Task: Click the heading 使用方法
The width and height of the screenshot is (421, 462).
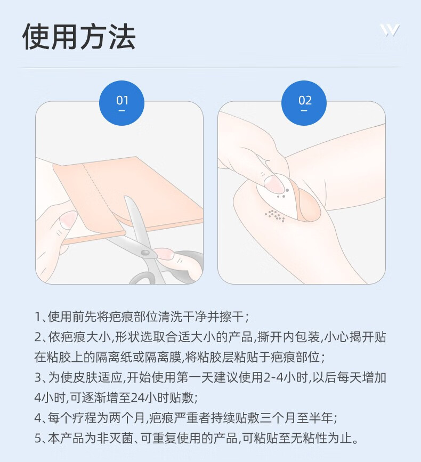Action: pos(79,37)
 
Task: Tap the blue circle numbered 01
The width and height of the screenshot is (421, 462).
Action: pos(122,103)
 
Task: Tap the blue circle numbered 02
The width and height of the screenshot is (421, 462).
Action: pos(304,103)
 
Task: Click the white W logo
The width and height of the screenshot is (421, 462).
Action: pos(390,30)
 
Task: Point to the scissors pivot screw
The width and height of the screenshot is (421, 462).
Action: pos(145,253)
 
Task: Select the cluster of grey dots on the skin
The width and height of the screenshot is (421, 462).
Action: pos(275,215)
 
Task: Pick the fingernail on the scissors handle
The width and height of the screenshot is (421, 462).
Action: pos(164,254)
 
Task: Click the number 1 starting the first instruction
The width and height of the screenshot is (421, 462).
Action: pos(37,317)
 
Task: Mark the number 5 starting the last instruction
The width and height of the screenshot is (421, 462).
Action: pos(38,439)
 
